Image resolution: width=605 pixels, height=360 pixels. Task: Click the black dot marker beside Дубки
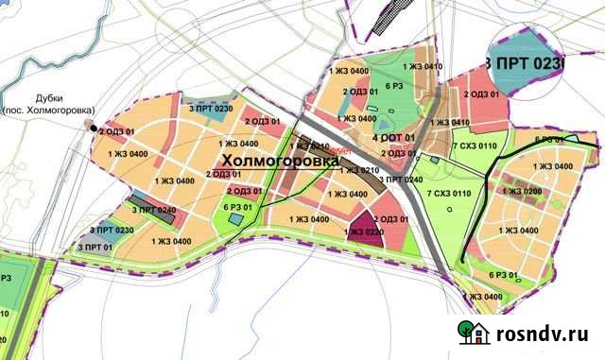click(94, 131)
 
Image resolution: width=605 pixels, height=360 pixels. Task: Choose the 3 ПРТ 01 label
click(95, 248)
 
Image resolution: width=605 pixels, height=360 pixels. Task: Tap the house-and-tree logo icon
click(475, 333)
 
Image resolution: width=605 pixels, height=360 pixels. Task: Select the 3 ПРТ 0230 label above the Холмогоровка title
click(211, 110)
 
